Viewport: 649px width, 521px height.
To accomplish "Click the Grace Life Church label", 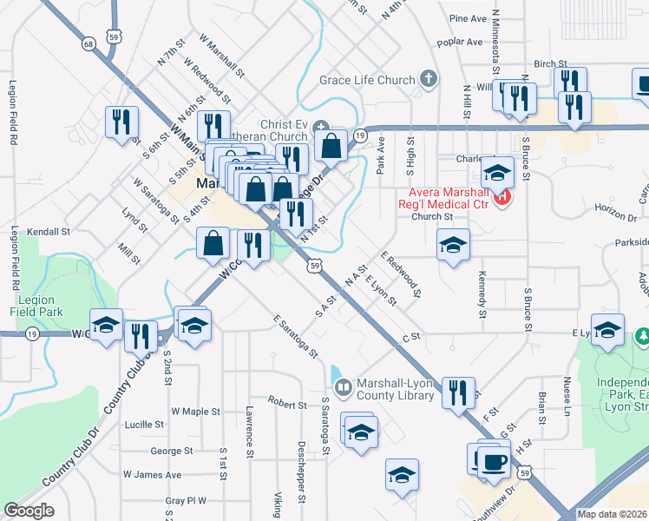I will coord(367,81).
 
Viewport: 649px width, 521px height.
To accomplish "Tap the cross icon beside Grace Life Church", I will coord(427,80).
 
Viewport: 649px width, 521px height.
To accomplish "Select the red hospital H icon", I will coord(501,198).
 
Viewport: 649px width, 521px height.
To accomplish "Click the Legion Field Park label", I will coord(36,306).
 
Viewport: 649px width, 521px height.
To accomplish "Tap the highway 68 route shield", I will coord(88,43).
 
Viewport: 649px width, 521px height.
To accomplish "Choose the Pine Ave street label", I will coord(468,18).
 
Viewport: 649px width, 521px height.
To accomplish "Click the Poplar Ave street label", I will coord(460,41).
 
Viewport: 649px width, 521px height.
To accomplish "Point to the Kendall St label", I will coord(48,232).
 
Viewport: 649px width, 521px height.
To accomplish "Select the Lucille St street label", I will coord(145,425).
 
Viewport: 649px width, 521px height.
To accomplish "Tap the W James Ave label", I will coord(152,475).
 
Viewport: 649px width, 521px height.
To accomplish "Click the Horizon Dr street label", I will coord(616,209).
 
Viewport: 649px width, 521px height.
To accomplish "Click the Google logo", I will coord(29,511).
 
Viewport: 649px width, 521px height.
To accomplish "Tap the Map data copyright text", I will coord(612,513).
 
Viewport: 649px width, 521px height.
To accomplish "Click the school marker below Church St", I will coord(452,246).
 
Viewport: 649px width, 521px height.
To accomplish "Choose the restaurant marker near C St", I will coord(457,391).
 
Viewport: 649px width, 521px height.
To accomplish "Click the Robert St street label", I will coord(287,405).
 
